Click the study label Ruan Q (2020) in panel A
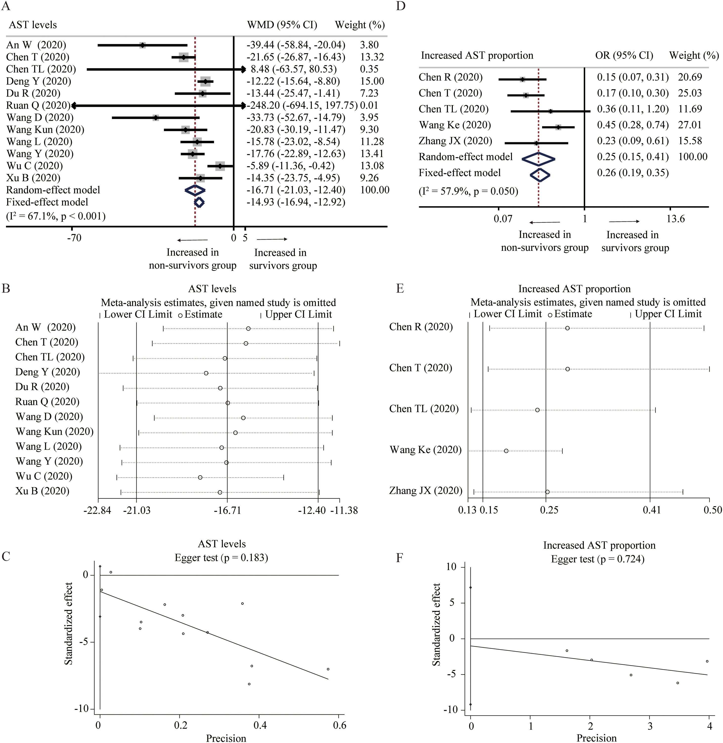(x=38, y=105)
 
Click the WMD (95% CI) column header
(x=282, y=25)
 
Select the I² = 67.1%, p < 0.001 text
(x=56, y=216)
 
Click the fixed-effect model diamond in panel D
(x=540, y=175)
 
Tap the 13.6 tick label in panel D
(x=676, y=219)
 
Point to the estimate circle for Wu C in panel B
(x=200, y=477)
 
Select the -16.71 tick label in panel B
(x=227, y=510)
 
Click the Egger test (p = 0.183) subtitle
(x=221, y=557)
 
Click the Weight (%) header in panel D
(x=694, y=55)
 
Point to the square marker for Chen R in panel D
(x=523, y=79)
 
